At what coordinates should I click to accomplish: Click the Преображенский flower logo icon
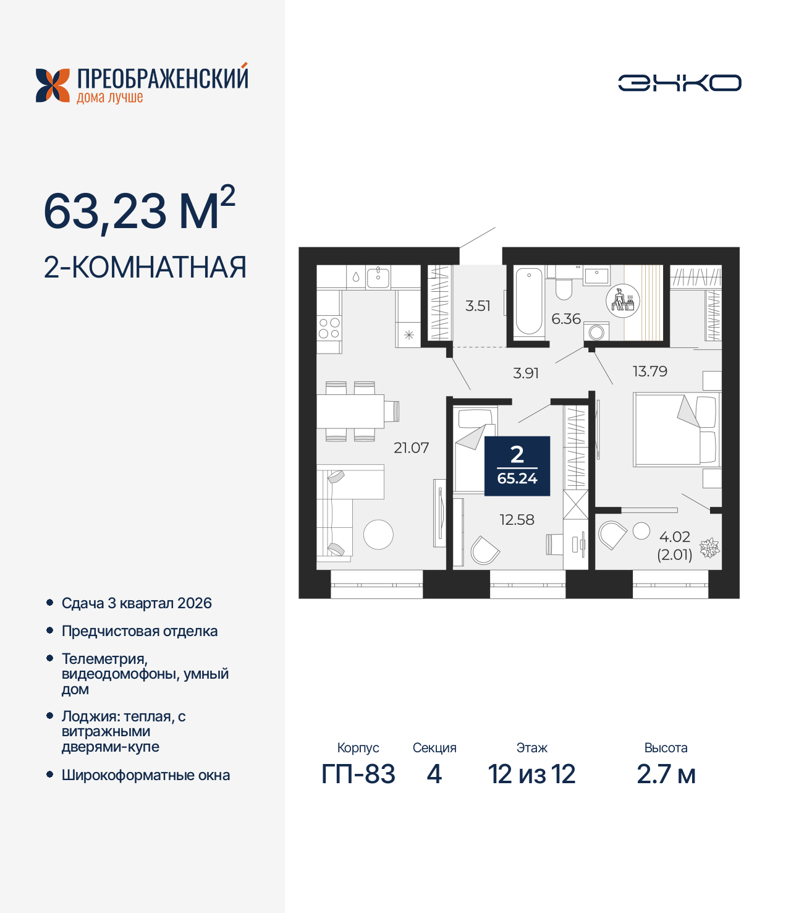(x=53, y=85)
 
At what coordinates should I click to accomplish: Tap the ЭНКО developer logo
(x=679, y=83)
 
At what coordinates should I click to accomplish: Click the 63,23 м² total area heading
(x=139, y=210)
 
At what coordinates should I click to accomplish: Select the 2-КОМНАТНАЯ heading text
(x=145, y=268)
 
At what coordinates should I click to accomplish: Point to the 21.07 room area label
(x=411, y=448)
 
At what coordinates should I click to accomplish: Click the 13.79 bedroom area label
(x=649, y=372)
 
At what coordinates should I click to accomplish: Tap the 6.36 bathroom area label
(x=565, y=319)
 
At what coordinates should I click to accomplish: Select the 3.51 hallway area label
(x=478, y=306)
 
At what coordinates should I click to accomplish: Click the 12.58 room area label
(x=517, y=520)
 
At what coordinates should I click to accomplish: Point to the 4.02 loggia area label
(x=674, y=537)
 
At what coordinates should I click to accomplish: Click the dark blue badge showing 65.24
(x=517, y=466)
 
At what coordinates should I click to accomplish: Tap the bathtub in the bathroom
(x=529, y=301)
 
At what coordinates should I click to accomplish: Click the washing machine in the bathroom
(x=596, y=333)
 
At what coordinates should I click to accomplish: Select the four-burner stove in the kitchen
(x=329, y=328)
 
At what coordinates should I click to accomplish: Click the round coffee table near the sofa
(x=378, y=535)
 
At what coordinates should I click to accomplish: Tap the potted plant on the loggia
(x=709, y=548)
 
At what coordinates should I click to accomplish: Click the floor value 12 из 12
(x=531, y=775)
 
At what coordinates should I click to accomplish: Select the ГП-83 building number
(x=358, y=775)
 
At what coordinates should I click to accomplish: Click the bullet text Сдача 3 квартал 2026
(x=137, y=603)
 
